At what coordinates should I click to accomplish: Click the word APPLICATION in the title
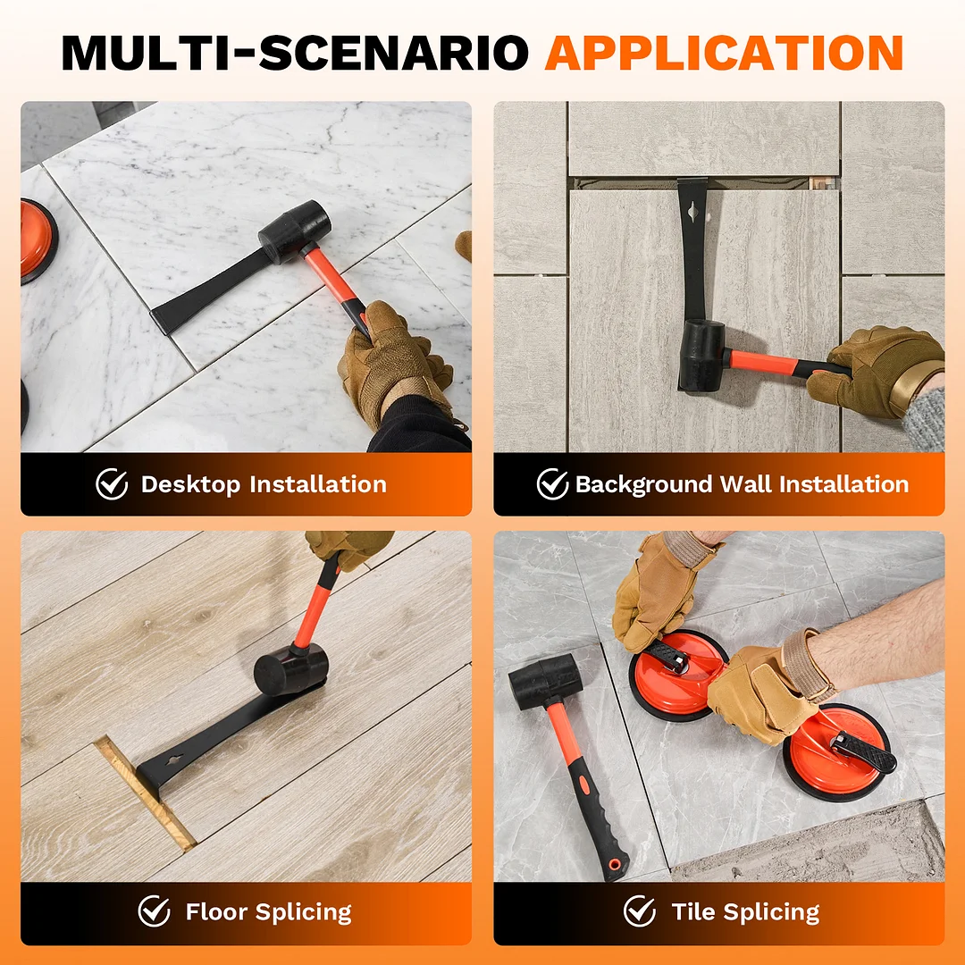724,53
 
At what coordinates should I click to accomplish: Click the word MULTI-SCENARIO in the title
295,53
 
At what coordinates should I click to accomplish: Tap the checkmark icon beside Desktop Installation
112,483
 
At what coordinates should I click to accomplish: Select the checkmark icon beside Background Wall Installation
552,483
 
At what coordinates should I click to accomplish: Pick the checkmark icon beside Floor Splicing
154,910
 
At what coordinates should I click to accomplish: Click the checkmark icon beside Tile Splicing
640,910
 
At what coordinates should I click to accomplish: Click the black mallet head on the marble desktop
295,231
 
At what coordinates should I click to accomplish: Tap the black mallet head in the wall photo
702,356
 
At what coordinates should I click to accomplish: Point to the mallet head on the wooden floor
290,668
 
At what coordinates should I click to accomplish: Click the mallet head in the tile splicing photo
545,681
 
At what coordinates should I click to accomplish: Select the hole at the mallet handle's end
614,864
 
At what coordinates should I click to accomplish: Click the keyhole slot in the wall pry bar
693,213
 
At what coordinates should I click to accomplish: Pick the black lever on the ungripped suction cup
863,752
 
